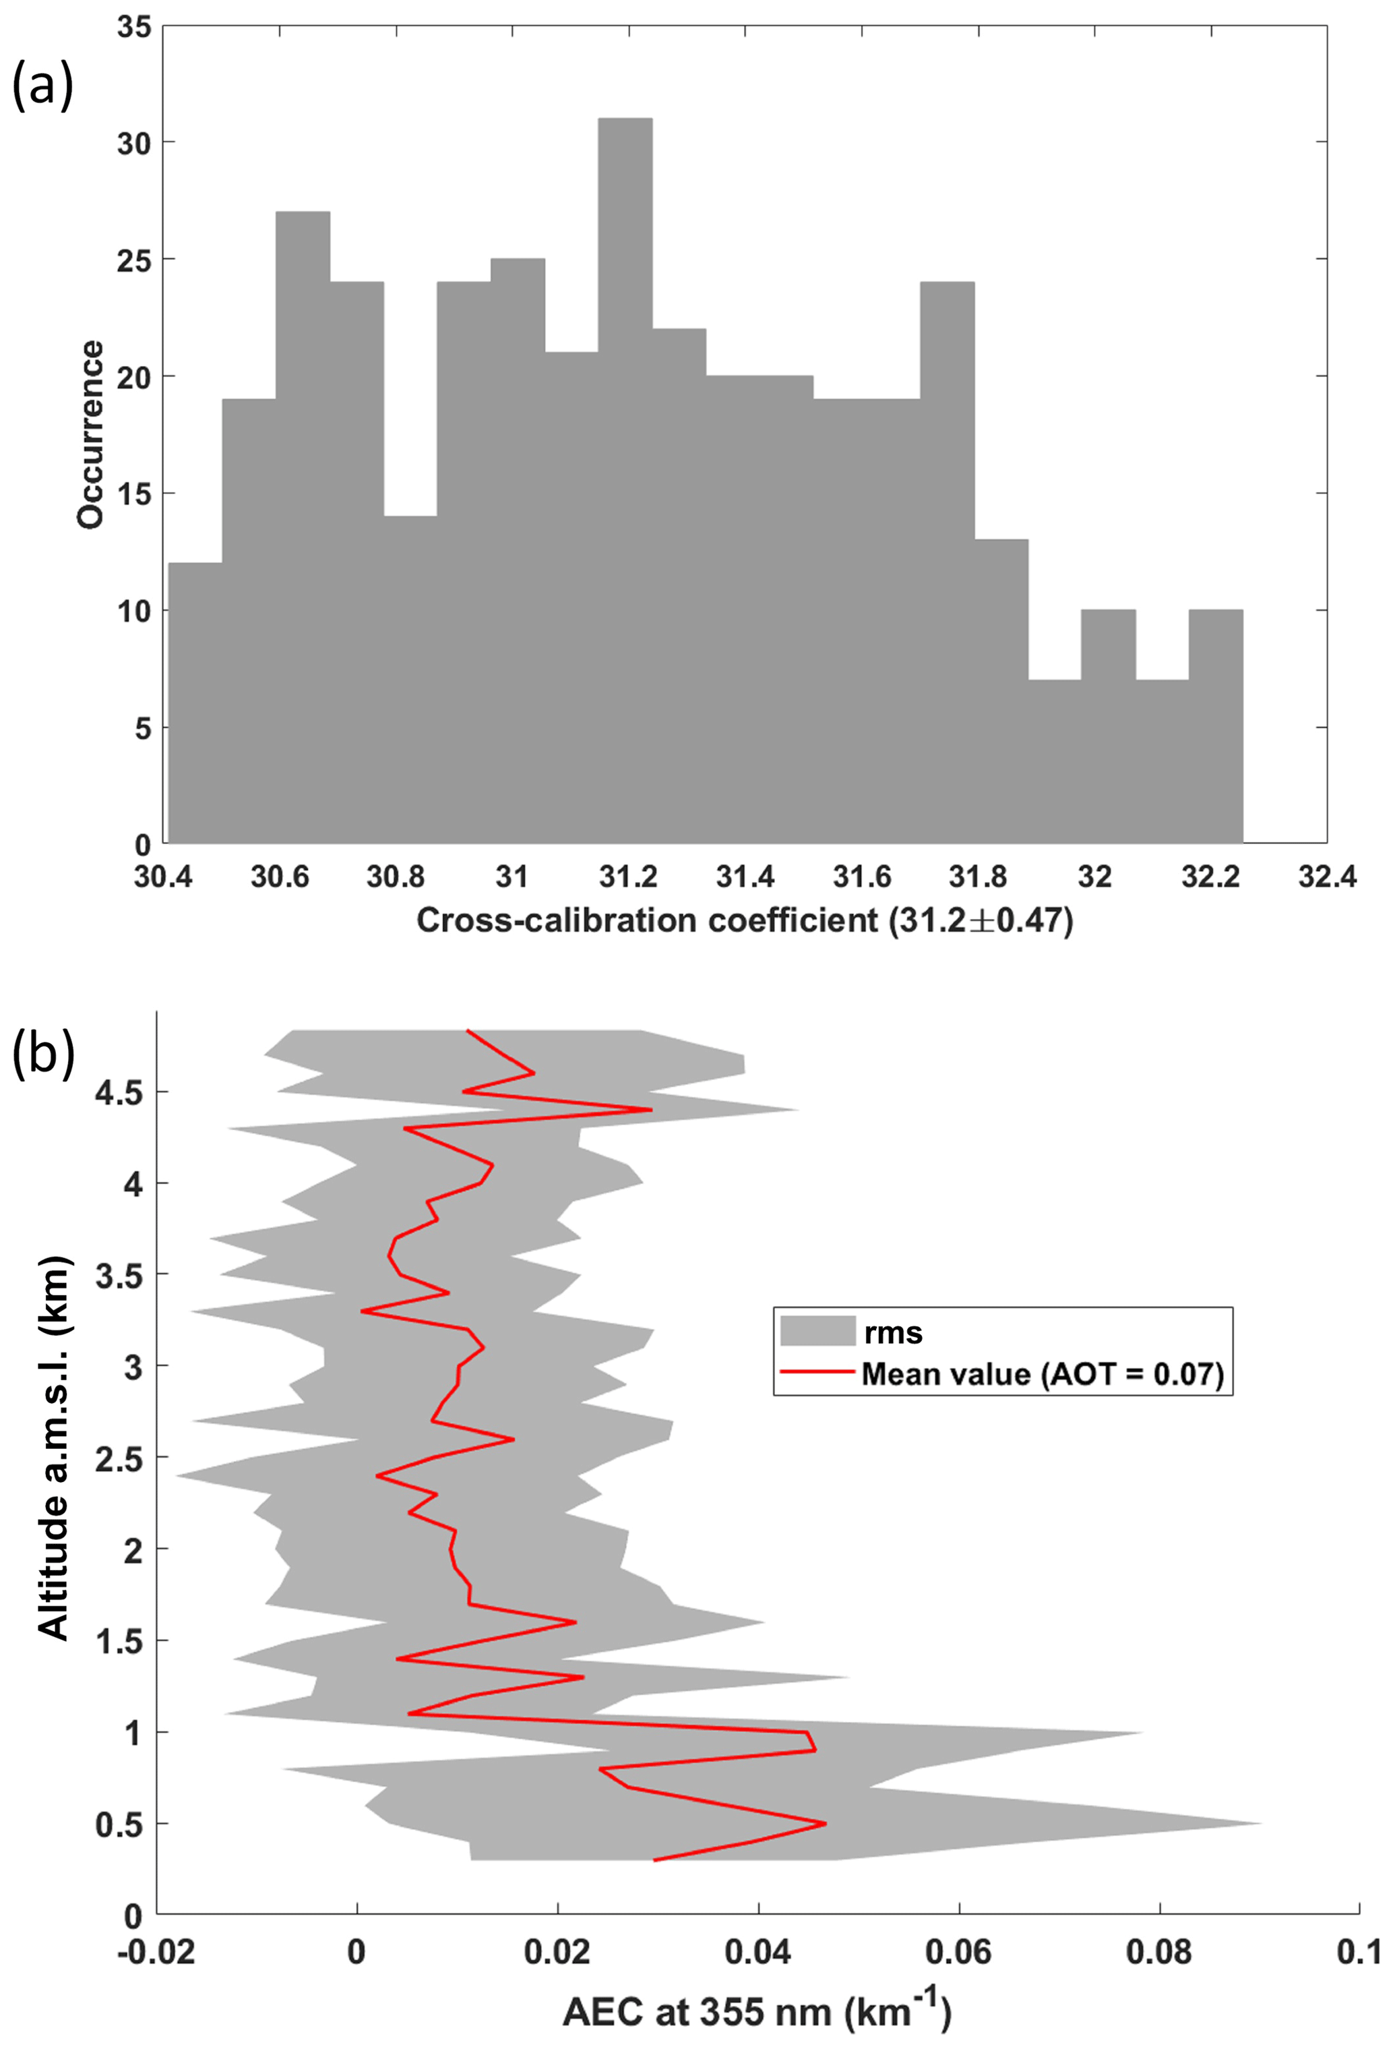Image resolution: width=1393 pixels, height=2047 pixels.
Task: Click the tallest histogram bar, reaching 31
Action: pos(625,480)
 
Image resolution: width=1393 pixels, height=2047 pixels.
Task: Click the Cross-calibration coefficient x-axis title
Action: pos(744,920)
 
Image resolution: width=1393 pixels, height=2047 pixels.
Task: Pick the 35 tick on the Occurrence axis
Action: pos(134,27)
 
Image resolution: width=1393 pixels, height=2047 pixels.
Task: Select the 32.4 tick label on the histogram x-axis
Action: pos(1327,877)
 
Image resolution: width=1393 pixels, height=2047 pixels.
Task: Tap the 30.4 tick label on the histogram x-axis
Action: pos(163,877)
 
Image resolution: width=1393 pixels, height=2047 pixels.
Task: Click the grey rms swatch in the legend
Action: pos(818,1595)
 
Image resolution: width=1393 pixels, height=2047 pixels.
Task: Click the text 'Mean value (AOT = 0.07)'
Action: pos(1043,1638)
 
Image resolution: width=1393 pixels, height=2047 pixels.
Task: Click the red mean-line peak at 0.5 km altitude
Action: pos(825,1823)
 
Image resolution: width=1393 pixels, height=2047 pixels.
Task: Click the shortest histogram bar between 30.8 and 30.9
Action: pos(410,678)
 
